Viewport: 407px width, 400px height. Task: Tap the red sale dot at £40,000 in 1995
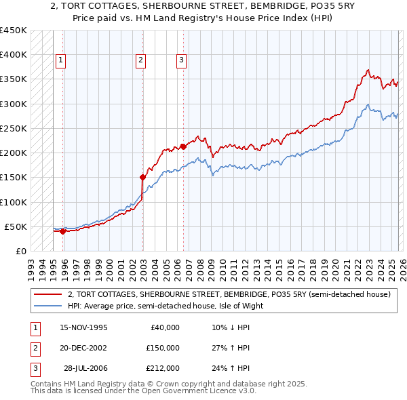pos(63,231)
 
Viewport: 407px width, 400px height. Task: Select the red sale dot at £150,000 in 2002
pos(143,177)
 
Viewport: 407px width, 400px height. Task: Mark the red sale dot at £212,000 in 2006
pos(183,146)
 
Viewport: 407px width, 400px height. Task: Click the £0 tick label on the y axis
pos(22,251)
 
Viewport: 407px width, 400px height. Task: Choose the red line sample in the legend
pos(47,295)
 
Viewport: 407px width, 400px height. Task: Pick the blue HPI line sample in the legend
pos(47,306)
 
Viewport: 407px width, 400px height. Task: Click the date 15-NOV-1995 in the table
pos(83,327)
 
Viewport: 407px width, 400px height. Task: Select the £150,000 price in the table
pos(163,348)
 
